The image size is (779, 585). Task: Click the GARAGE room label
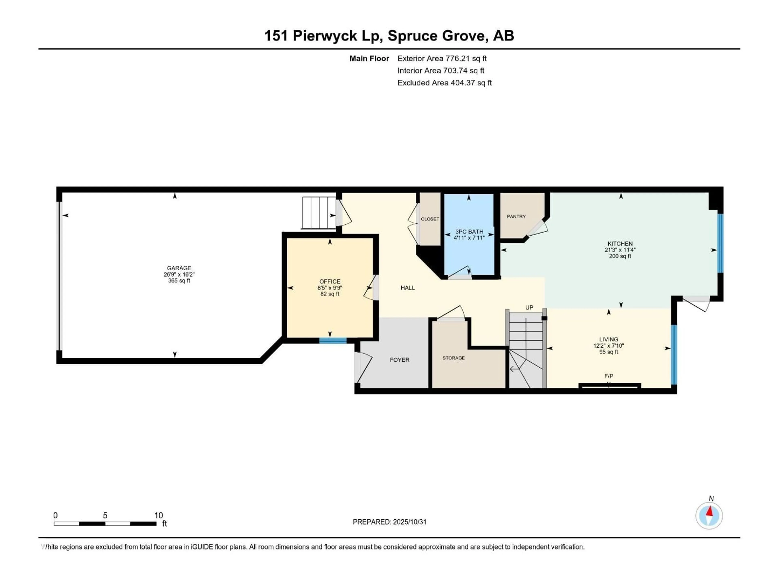tap(179, 268)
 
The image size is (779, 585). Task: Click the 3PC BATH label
tap(469, 232)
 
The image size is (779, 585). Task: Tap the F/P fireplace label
tap(609, 376)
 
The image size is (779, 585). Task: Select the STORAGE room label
tap(454, 358)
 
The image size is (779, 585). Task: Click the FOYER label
tap(399, 360)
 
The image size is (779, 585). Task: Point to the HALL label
tap(408, 288)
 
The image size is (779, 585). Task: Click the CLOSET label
tap(430, 219)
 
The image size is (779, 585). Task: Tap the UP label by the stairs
tap(529, 308)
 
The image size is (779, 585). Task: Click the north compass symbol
tap(709, 516)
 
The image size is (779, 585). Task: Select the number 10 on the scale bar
tap(158, 515)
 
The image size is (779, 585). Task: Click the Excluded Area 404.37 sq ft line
tap(444, 83)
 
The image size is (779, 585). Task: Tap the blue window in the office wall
tap(333, 340)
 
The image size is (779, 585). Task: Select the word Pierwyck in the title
tap(325, 36)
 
